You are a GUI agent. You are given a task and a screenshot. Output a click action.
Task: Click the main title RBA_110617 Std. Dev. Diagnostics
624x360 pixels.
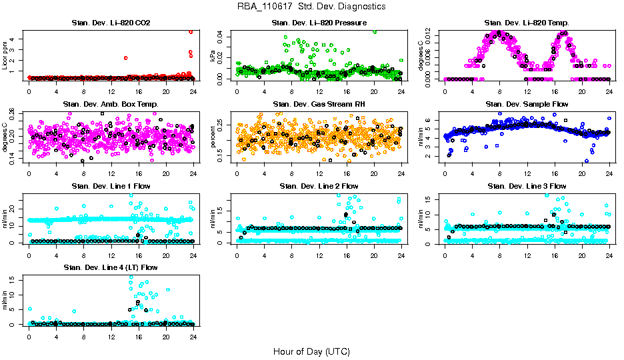311,7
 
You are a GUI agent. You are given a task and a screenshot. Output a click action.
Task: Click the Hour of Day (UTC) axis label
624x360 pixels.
311,351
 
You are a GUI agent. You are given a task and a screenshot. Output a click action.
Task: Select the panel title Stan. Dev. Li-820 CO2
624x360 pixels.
111,23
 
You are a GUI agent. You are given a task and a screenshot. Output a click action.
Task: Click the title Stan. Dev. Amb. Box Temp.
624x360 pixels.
111,105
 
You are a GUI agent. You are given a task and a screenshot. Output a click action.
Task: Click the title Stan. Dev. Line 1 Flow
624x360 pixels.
111,186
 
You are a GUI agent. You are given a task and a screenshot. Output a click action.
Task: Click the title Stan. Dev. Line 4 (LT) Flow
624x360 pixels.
111,267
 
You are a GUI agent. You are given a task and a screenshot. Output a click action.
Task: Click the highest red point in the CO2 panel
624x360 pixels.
191,31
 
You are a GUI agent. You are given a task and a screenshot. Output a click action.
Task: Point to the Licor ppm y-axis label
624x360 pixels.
5,55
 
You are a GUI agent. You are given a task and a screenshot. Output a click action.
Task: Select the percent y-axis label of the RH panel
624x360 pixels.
213,136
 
